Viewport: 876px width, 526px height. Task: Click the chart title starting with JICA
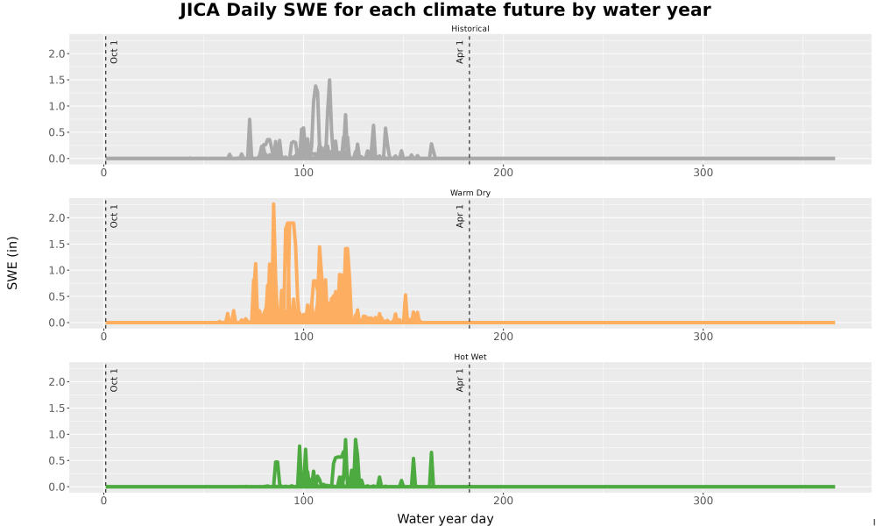(x=445, y=10)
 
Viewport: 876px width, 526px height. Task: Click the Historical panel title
(x=470, y=29)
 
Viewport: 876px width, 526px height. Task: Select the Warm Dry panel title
(x=470, y=193)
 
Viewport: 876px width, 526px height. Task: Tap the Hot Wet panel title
(x=470, y=357)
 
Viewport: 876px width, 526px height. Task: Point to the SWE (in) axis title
(x=12, y=263)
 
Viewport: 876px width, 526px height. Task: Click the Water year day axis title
(x=445, y=518)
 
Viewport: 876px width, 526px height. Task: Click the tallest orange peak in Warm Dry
(x=273, y=204)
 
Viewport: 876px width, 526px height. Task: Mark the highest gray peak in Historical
(x=329, y=80)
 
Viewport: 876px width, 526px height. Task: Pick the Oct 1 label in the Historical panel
(x=114, y=52)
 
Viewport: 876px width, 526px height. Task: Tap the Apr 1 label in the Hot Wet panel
(x=460, y=380)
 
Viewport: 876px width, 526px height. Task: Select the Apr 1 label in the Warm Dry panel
(x=460, y=216)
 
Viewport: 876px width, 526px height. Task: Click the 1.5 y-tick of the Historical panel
(x=56, y=80)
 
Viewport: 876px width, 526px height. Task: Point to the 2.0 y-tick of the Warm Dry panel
(x=56, y=217)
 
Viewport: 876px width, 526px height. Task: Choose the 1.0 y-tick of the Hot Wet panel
(x=56, y=434)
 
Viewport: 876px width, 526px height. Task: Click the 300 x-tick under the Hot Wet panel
(x=703, y=501)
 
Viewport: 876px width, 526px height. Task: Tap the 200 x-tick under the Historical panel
(x=503, y=172)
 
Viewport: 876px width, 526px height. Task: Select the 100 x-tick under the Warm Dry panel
(x=303, y=336)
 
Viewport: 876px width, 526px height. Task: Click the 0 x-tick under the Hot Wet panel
(x=104, y=501)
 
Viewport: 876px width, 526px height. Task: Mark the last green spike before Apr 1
(x=431, y=452)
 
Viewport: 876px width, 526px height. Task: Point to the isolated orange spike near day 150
(x=406, y=295)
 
